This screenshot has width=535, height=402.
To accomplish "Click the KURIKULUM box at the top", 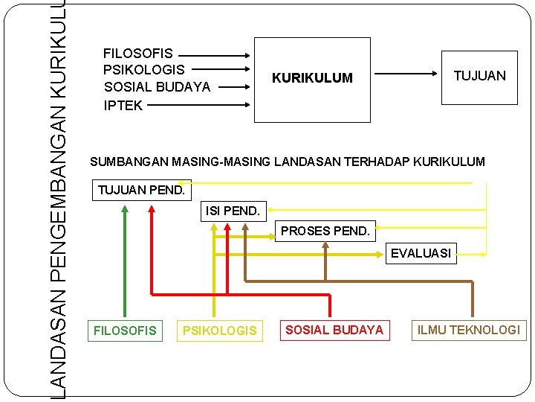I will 312,79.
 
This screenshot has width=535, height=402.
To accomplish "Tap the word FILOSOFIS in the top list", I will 138,54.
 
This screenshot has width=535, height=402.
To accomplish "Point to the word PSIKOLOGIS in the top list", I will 144,70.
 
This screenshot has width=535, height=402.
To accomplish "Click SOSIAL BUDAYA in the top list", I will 157,87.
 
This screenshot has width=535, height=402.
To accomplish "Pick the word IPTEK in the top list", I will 123,105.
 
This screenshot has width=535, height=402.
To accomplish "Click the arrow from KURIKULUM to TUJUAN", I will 406,74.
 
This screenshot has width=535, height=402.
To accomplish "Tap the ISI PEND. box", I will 233,211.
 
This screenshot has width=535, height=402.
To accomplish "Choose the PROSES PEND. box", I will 325,231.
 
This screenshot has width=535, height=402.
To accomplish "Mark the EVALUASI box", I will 421,253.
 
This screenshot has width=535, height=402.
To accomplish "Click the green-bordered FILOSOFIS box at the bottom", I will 125,331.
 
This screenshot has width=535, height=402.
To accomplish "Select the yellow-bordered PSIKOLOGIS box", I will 219,331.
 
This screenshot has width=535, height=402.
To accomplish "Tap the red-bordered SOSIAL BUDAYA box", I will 334,330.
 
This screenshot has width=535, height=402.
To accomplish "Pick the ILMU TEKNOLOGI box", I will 469,330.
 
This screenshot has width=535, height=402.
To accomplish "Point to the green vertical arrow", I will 125,261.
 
